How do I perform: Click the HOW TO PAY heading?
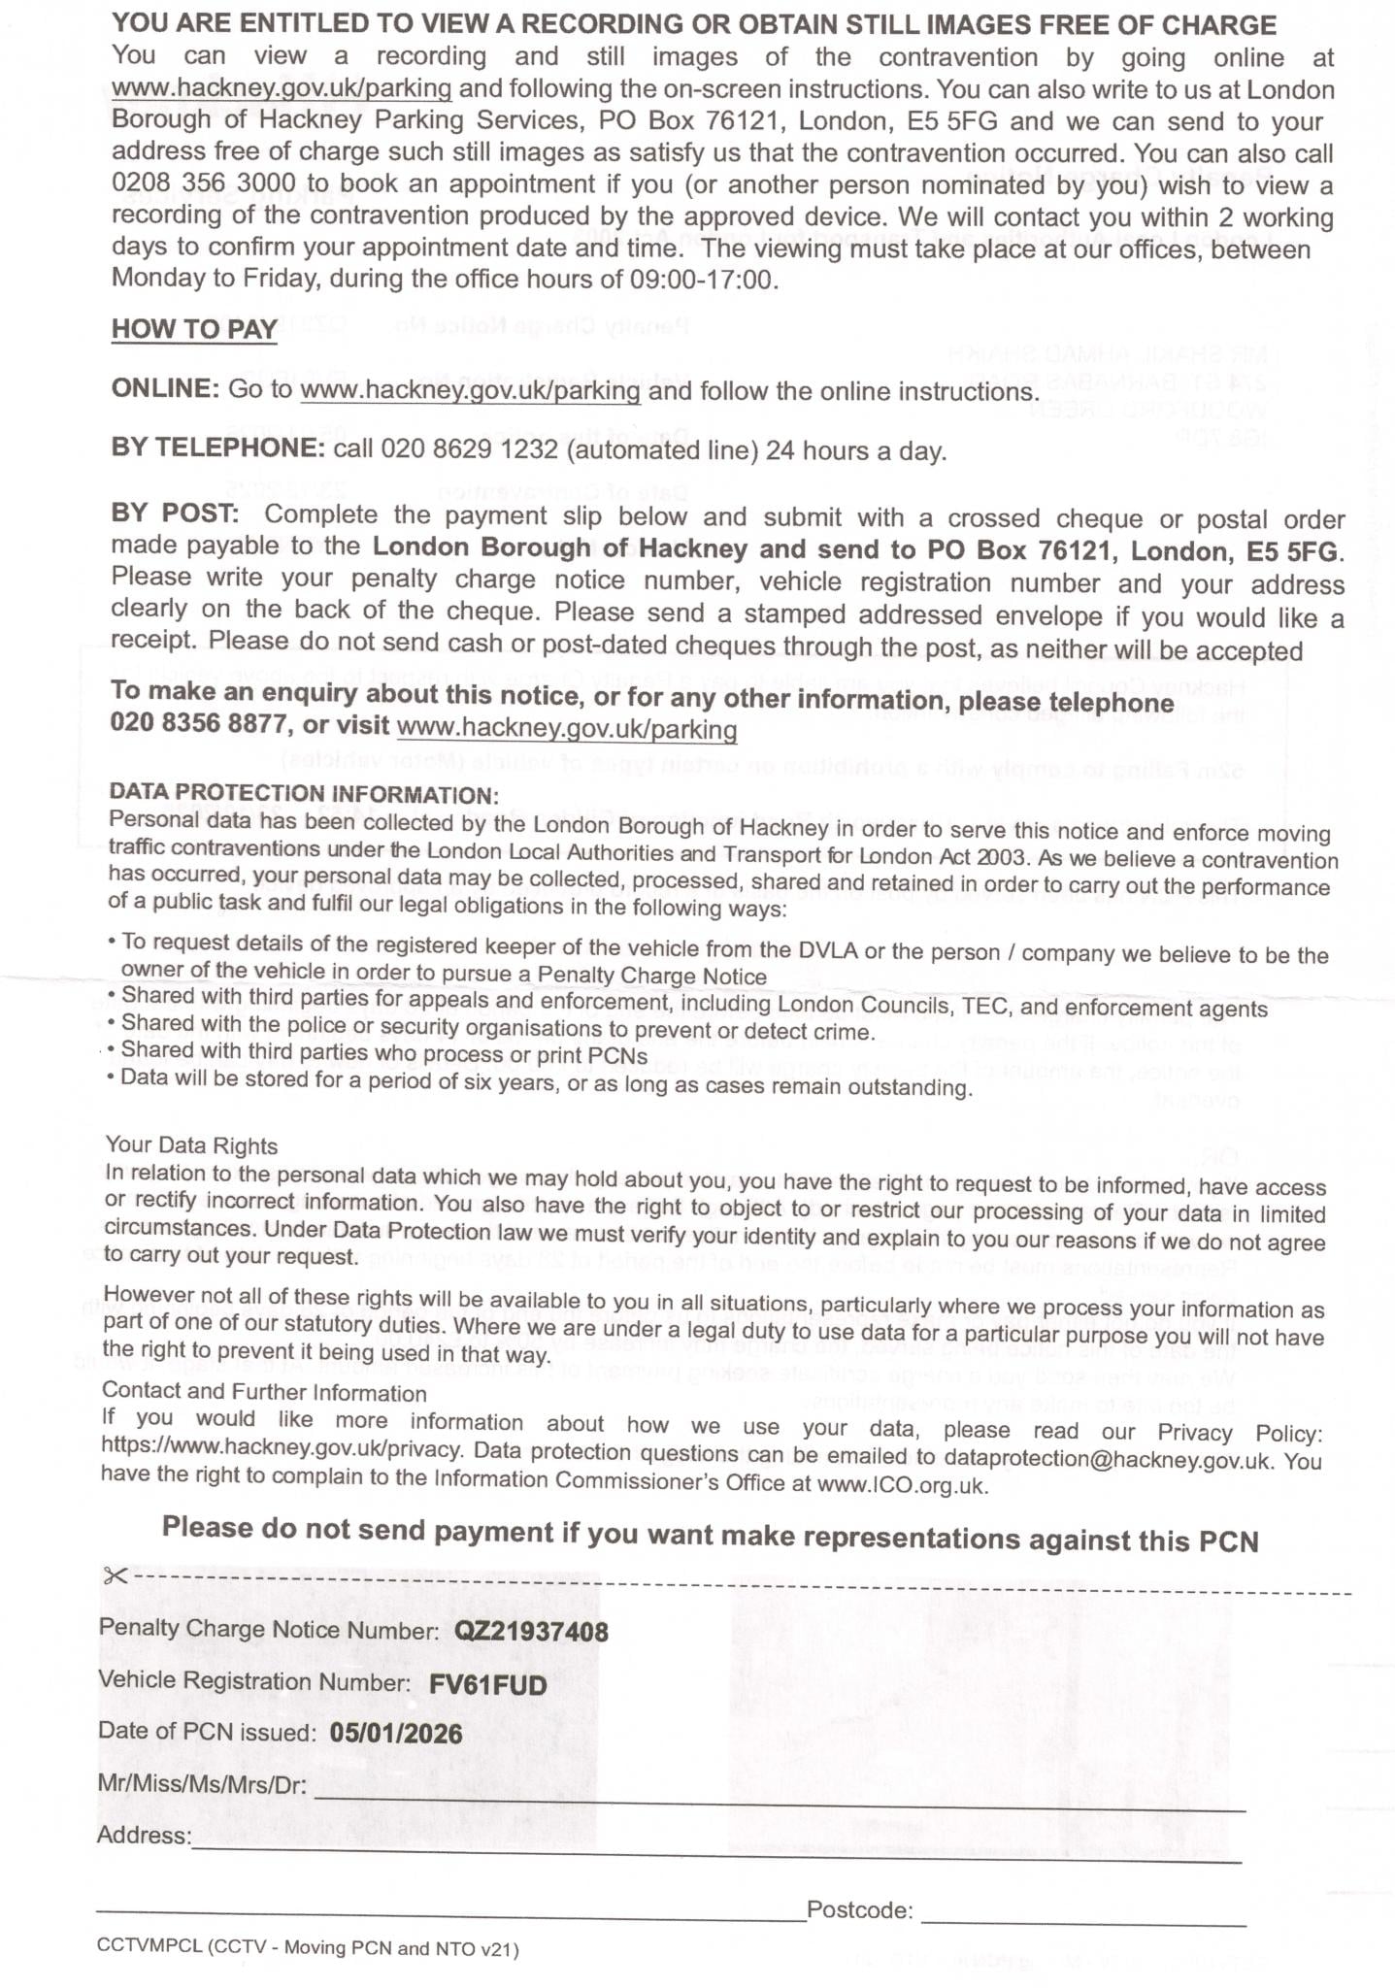point(194,329)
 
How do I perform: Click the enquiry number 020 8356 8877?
point(199,725)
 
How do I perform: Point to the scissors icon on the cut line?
point(115,1574)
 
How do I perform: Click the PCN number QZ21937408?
point(531,1632)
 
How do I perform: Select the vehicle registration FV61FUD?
point(487,1684)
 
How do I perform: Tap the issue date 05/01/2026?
point(396,1734)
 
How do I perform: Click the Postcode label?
point(859,1910)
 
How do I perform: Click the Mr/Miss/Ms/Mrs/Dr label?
point(203,1784)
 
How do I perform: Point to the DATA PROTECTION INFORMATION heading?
point(304,794)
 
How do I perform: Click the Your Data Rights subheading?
point(191,1146)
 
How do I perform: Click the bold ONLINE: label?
point(166,389)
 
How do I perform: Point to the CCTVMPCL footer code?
point(308,1948)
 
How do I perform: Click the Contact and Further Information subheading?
point(264,1393)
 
